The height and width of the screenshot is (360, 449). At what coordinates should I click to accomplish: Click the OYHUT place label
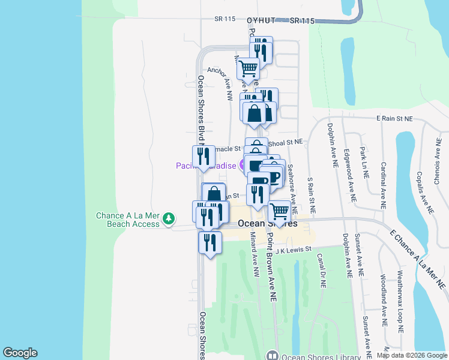coord(261,20)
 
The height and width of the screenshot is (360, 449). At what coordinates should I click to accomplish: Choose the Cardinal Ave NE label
coord(383,179)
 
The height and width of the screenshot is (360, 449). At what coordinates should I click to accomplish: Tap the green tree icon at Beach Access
coord(170,217)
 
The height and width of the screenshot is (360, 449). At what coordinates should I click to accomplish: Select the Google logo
coord(20,353)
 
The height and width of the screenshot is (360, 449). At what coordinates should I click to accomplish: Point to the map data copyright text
coord(411,355)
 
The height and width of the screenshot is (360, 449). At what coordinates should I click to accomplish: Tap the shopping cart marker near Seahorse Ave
coord(279,212)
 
